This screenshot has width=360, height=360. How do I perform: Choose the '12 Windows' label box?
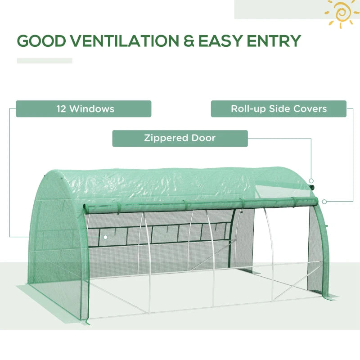tap(83, 109)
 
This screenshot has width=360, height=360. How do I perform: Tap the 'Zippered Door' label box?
tap(180, 138)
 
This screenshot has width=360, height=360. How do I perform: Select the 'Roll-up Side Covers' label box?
tap(279, 109)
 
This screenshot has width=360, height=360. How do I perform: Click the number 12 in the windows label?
tap(62, 109)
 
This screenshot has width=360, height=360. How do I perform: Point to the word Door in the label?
tap(203, 138)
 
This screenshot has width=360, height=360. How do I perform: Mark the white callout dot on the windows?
tap(105, 237)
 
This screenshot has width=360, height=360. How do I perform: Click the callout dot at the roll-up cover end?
tap(324, 201)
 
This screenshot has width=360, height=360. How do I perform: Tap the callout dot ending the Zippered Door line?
tap(311, 181)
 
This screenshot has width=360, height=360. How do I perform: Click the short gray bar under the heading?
tap(45, 61)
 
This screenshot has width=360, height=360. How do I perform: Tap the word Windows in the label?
tap(92, 109)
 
